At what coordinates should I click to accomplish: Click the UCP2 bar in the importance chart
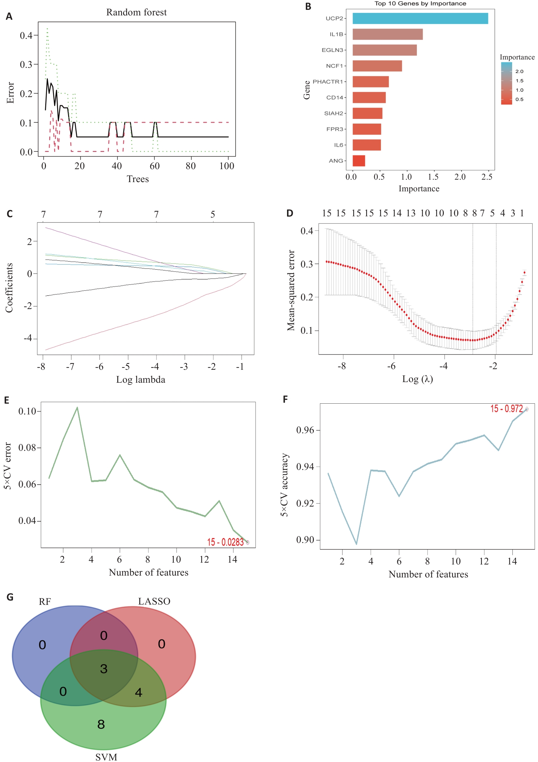pos(420,18)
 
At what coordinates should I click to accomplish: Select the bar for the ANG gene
pos(358,161)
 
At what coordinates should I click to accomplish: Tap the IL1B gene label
pos(336,34)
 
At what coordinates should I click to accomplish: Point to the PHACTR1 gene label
pos(327,82)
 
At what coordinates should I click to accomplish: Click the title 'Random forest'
pos(136,12)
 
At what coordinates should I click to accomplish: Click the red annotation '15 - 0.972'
pos(506,409)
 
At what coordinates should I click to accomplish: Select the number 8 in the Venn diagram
pos(101,724)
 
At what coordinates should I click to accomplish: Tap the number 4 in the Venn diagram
pos(139,692)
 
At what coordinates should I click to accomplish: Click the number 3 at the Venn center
pos(104,669)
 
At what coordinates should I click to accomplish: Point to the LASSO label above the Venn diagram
pos(154,601)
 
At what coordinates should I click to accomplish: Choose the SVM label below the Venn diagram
pos(106,757)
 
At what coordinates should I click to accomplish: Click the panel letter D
pos(289,214)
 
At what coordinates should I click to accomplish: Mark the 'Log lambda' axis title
pos(141,380)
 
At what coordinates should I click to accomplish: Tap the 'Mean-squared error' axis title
pos(291,290)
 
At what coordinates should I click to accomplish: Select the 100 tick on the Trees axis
pos(227,166)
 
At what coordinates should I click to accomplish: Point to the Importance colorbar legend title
pos(517,57)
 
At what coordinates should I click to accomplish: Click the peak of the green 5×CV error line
pos(77,408)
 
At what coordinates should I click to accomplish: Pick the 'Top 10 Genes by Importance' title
pos(420,4)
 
